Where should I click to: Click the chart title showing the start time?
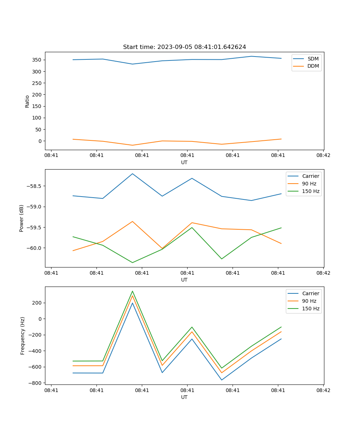coord(184,47)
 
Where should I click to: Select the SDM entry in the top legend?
coord(313,58)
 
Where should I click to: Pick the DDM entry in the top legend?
coord(313,66)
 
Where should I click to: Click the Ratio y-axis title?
coord(27,102)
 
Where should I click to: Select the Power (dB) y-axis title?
coord(22,218)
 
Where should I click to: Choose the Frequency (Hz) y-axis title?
coord(22,336)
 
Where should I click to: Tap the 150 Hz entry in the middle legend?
coord(311,191)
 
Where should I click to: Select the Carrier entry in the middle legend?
coord(310,176)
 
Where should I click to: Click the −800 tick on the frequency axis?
coord(36,383)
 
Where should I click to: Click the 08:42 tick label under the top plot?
coord(323,156)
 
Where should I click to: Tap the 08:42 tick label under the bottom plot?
coord(323,390)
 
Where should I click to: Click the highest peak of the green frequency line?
coord(132,291)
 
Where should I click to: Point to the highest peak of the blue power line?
coord(132,174)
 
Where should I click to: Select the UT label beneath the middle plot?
coord(184,280)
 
